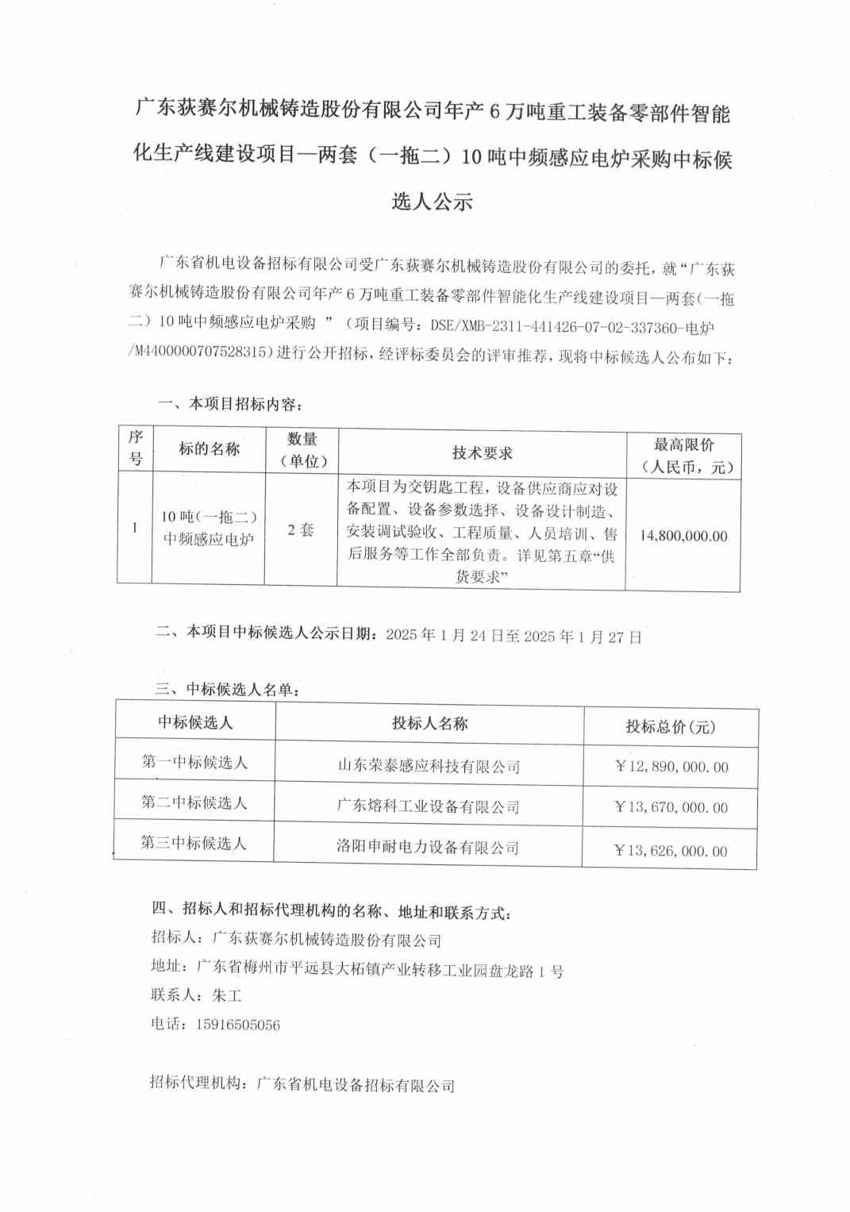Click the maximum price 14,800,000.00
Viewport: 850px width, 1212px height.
coord(683,536)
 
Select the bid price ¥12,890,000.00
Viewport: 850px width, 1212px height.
coord(671,767)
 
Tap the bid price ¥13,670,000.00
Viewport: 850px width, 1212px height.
coord(671,807)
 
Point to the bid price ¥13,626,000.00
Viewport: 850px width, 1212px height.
coord(671,850)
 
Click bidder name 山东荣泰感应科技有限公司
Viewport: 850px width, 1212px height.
coord(429,766)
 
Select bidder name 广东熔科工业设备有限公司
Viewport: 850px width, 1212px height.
coord(429,806)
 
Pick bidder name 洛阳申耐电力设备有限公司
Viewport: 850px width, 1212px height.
coord(428,847)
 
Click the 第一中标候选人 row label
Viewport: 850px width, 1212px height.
coord(194,762)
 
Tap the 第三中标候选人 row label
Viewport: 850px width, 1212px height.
coord(194,843)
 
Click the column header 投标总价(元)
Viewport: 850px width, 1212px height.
coord(671,726)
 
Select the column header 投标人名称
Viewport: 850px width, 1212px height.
coord(429,723)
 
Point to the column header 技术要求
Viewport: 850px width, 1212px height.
coord(482,452)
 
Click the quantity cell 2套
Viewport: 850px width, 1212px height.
coord(301,529)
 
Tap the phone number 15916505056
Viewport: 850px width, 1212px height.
coord(238,1025)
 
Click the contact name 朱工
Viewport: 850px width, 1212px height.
coord(227,995)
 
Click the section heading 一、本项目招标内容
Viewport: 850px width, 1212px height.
coord(230,404)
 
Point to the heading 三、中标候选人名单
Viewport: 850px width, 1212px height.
coord(228,689)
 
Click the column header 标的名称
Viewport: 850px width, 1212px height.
coord(209,448)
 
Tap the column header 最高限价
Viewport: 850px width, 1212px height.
coord(683,444)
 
